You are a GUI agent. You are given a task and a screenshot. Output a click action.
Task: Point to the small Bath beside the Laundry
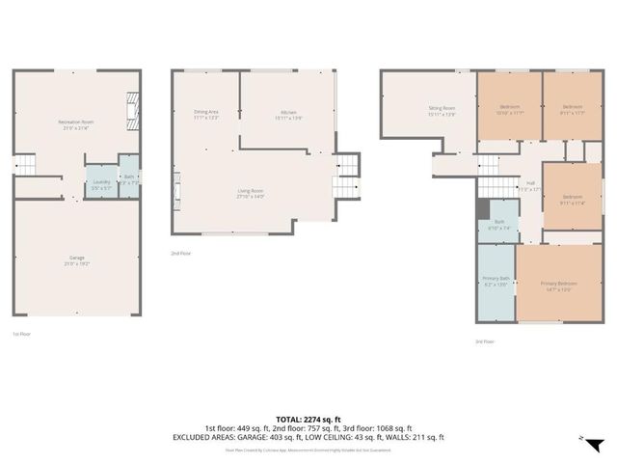tap(129, 178)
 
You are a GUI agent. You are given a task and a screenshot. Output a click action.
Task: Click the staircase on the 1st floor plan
tap(26, 165)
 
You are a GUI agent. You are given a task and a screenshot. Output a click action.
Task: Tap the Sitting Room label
tap(442, 111)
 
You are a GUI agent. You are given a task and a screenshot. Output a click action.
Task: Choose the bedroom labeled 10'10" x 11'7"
tap(511, 109)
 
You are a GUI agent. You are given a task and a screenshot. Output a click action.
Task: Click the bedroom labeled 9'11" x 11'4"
tap(573, 201)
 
